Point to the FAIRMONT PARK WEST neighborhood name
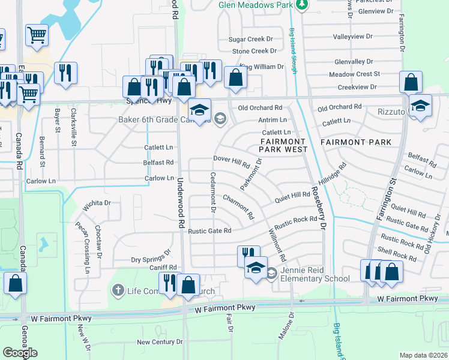click(283, 146)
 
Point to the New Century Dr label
click(159, 342)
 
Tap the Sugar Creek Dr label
click(252, 39)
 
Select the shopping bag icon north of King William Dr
click(236, 77)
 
